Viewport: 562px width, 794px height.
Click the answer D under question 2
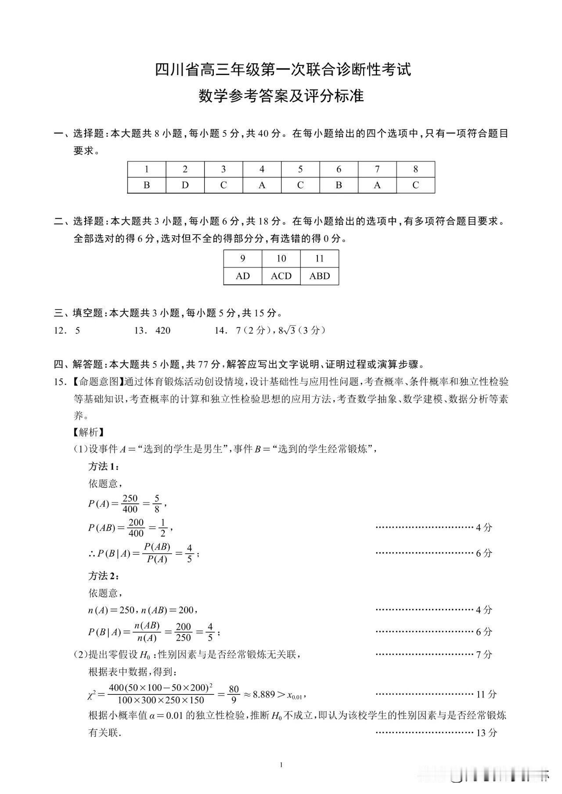(185, 185)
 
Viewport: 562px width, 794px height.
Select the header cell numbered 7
(377, 169)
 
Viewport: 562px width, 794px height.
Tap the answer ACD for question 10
(281, 276)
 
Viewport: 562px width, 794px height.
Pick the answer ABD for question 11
(319, 276)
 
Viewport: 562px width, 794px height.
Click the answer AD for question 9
(242, 276)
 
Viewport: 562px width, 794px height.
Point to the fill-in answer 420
(163, 331)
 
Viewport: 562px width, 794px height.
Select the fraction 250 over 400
(130, 504)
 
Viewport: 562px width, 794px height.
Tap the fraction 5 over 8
(157, 504)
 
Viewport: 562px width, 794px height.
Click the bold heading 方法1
(103, 466)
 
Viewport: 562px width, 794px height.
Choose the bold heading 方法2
(103, 575)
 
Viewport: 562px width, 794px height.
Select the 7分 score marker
(484, 654)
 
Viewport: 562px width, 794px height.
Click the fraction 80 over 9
(234, 694)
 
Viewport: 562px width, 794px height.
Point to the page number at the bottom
(281, 765)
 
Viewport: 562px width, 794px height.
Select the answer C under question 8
(415, 185)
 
